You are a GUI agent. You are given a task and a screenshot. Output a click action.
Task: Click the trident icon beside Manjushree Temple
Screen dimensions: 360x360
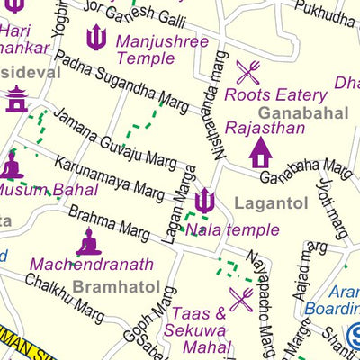96,38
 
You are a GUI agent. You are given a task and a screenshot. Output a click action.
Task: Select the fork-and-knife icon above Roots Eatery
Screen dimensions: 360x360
248,72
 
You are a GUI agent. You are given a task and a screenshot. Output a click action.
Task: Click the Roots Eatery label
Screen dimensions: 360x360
275,94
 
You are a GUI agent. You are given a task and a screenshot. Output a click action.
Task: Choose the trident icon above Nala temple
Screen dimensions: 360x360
205,200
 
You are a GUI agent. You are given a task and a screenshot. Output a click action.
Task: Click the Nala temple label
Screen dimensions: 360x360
232,229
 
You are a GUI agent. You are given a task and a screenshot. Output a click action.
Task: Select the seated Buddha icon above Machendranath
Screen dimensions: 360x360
88,241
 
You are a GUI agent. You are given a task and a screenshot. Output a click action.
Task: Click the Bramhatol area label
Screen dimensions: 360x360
116,287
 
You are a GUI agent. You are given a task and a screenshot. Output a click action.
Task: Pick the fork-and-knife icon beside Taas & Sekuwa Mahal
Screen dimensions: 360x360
240,299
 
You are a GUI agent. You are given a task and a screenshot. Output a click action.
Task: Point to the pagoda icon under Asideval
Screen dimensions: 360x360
16,99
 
